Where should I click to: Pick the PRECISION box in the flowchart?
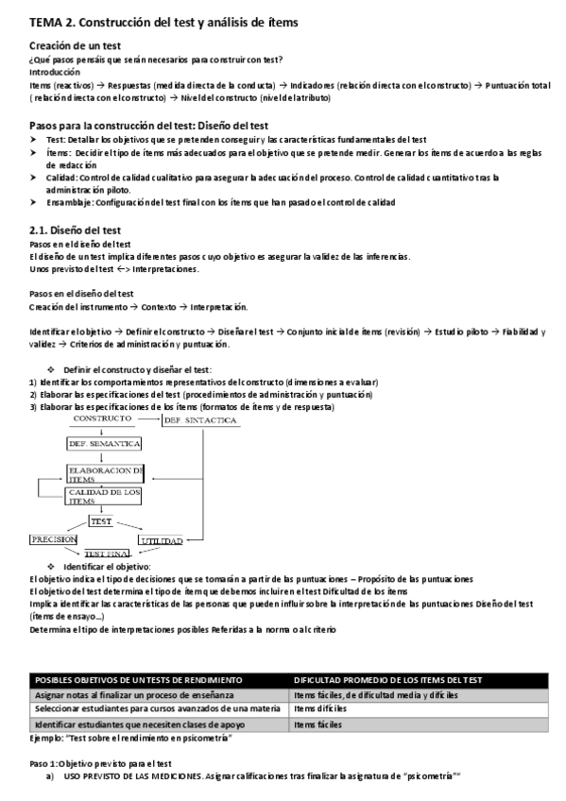click(53, 539)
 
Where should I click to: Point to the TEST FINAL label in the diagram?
click(107, 554)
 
